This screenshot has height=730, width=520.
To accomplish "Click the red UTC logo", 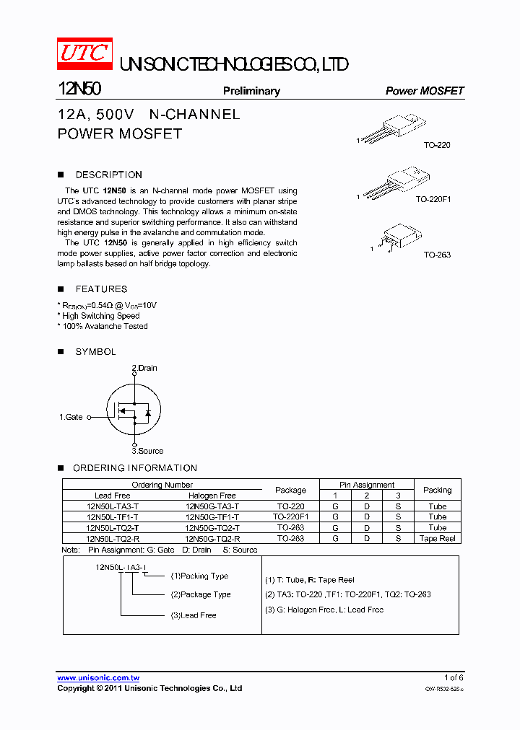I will [85, 53].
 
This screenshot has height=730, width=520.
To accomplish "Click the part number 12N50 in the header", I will [79, 89].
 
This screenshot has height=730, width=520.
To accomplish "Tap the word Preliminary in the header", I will [251, 91].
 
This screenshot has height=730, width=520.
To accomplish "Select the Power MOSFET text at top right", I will [424, 91].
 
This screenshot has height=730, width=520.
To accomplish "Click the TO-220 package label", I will [436, 145].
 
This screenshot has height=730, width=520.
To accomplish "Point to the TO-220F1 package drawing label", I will [433, 199].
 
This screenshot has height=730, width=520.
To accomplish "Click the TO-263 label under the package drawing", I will [436, 255].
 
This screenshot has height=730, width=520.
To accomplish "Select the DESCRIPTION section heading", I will [108, 175].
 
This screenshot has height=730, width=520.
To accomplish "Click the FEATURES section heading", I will [101, 289].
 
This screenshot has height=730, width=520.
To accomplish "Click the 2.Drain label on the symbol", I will [144, 368].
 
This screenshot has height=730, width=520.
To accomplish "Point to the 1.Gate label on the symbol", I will [71, 417].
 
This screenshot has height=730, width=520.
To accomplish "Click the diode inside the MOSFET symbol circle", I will [147, 413].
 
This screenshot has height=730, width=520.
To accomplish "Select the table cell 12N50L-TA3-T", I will [112, 506].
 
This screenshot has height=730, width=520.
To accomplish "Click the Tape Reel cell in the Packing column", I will [437, 538].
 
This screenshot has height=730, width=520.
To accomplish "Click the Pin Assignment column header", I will [367, 485].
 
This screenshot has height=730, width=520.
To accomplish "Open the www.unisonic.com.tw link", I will [98, 678].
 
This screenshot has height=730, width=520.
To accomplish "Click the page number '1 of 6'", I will [453, 677].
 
